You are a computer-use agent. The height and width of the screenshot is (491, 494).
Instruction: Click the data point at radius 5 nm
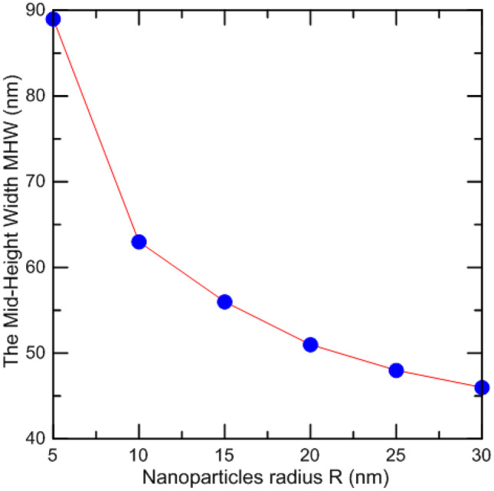click(x=53, y=19)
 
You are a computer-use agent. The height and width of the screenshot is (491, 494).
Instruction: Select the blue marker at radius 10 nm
click(x=139, y=242)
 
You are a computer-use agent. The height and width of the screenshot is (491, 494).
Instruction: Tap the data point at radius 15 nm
click(x=224, y=302)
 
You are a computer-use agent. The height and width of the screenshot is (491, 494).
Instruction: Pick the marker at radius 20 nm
click(x=310, y=345)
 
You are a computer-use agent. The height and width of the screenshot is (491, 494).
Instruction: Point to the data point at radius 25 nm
click(x=396, y=370)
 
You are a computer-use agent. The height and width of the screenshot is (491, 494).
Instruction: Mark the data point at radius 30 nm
click(x=482, y=388)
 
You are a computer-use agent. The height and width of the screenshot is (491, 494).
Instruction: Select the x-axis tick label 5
click(x=53, y=453)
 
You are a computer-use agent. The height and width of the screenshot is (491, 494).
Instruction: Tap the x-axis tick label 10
click(x=139, y=453)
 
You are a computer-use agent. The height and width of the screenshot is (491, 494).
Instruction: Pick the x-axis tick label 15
click(x=224, y=453)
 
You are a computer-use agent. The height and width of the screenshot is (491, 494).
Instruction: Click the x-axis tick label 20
click(x=310, y=453)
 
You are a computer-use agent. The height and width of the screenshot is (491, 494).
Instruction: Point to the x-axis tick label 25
click(x=396, y=453)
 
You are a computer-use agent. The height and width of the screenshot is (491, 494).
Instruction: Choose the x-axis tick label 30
click(x=480, y=453)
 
